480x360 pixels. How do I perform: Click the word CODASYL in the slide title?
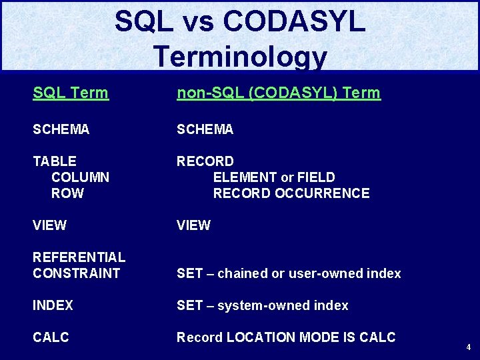[294, 21]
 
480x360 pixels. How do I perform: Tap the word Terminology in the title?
[240, 57]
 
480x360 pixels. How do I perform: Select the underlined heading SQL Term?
[70, 93]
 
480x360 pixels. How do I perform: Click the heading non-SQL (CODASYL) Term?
[278, 93]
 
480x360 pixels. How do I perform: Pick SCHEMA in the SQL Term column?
[61, 129]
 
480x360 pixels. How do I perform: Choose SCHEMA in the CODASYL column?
[205, 129]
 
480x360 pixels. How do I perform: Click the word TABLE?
[54, 161]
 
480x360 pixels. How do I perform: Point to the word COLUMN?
[80, 177]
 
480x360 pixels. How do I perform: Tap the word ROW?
[67, 193]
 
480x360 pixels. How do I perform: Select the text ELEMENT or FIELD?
[273, 177]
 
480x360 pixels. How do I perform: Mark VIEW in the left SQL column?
[49, 225]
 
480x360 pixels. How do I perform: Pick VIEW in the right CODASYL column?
[193, 225]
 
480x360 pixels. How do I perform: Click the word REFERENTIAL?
[79, 257]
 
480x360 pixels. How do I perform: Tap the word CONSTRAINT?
[76, 273]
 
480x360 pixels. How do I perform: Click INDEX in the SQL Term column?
[53, 305]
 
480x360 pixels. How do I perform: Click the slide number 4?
[468, 347]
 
